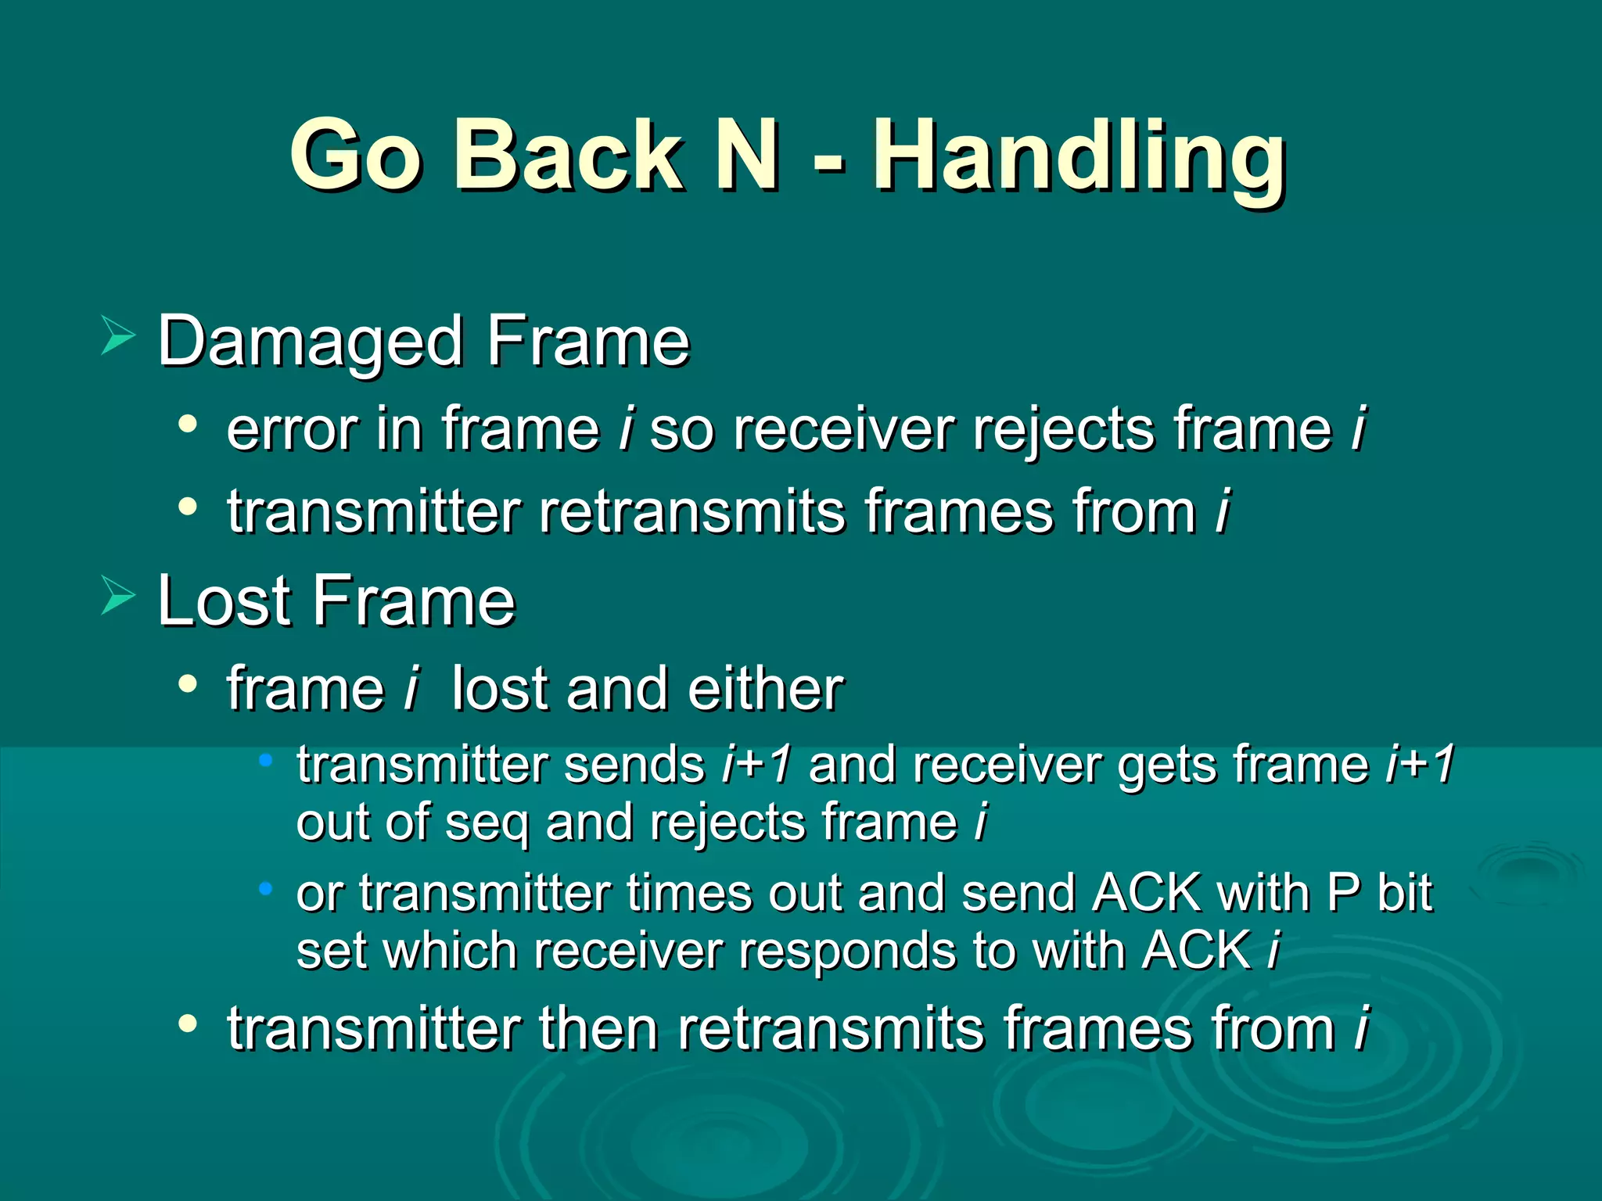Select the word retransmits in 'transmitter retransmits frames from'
691,513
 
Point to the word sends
634,765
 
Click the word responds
848,952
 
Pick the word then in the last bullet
598,1029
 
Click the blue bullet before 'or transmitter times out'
266,888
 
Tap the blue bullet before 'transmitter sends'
266,759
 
